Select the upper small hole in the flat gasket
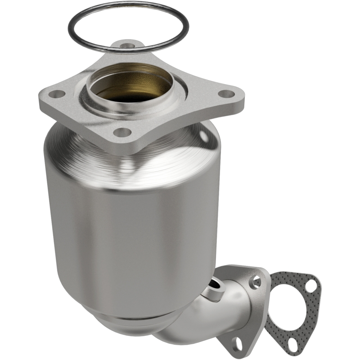[310, 283]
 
